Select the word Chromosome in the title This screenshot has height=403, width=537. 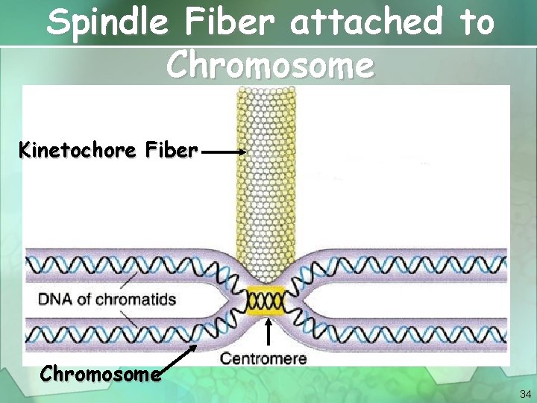point(269,66)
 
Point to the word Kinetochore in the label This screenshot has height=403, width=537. point(75,151)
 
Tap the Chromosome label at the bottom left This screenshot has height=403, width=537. point(101,373)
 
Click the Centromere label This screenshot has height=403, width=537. point(263,358)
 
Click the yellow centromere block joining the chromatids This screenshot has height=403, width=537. point(266,302)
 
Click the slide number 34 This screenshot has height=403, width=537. point(525,394)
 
